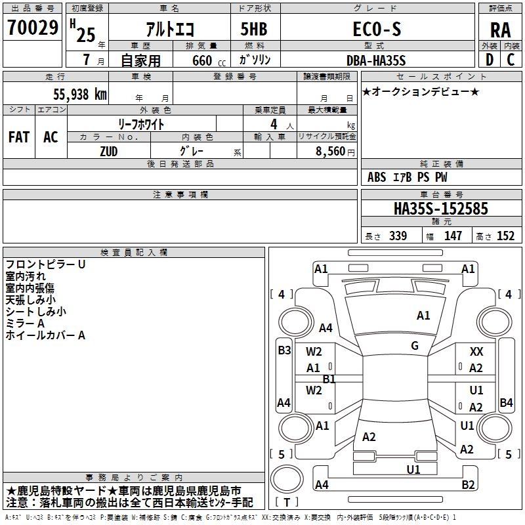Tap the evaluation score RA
(501, 30)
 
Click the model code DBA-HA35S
(376, 60)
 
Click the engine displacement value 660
(202, 61)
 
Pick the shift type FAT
(18, 137)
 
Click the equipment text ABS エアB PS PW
(408, 177)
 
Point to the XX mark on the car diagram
(476, 352)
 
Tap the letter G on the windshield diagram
(415, 346)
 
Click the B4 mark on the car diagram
(506, 403)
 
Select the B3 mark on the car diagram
(283, 350)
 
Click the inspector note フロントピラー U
(45, 264)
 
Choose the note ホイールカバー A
(45, 335)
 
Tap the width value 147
(453, 236)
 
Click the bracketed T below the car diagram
(287, 502)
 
